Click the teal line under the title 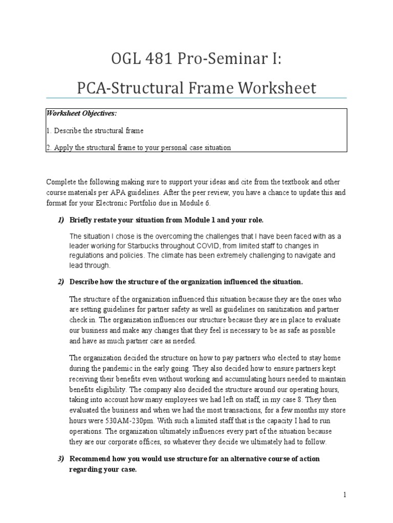point(196,98)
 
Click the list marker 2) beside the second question point(60,282)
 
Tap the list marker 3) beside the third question point(60,459)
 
